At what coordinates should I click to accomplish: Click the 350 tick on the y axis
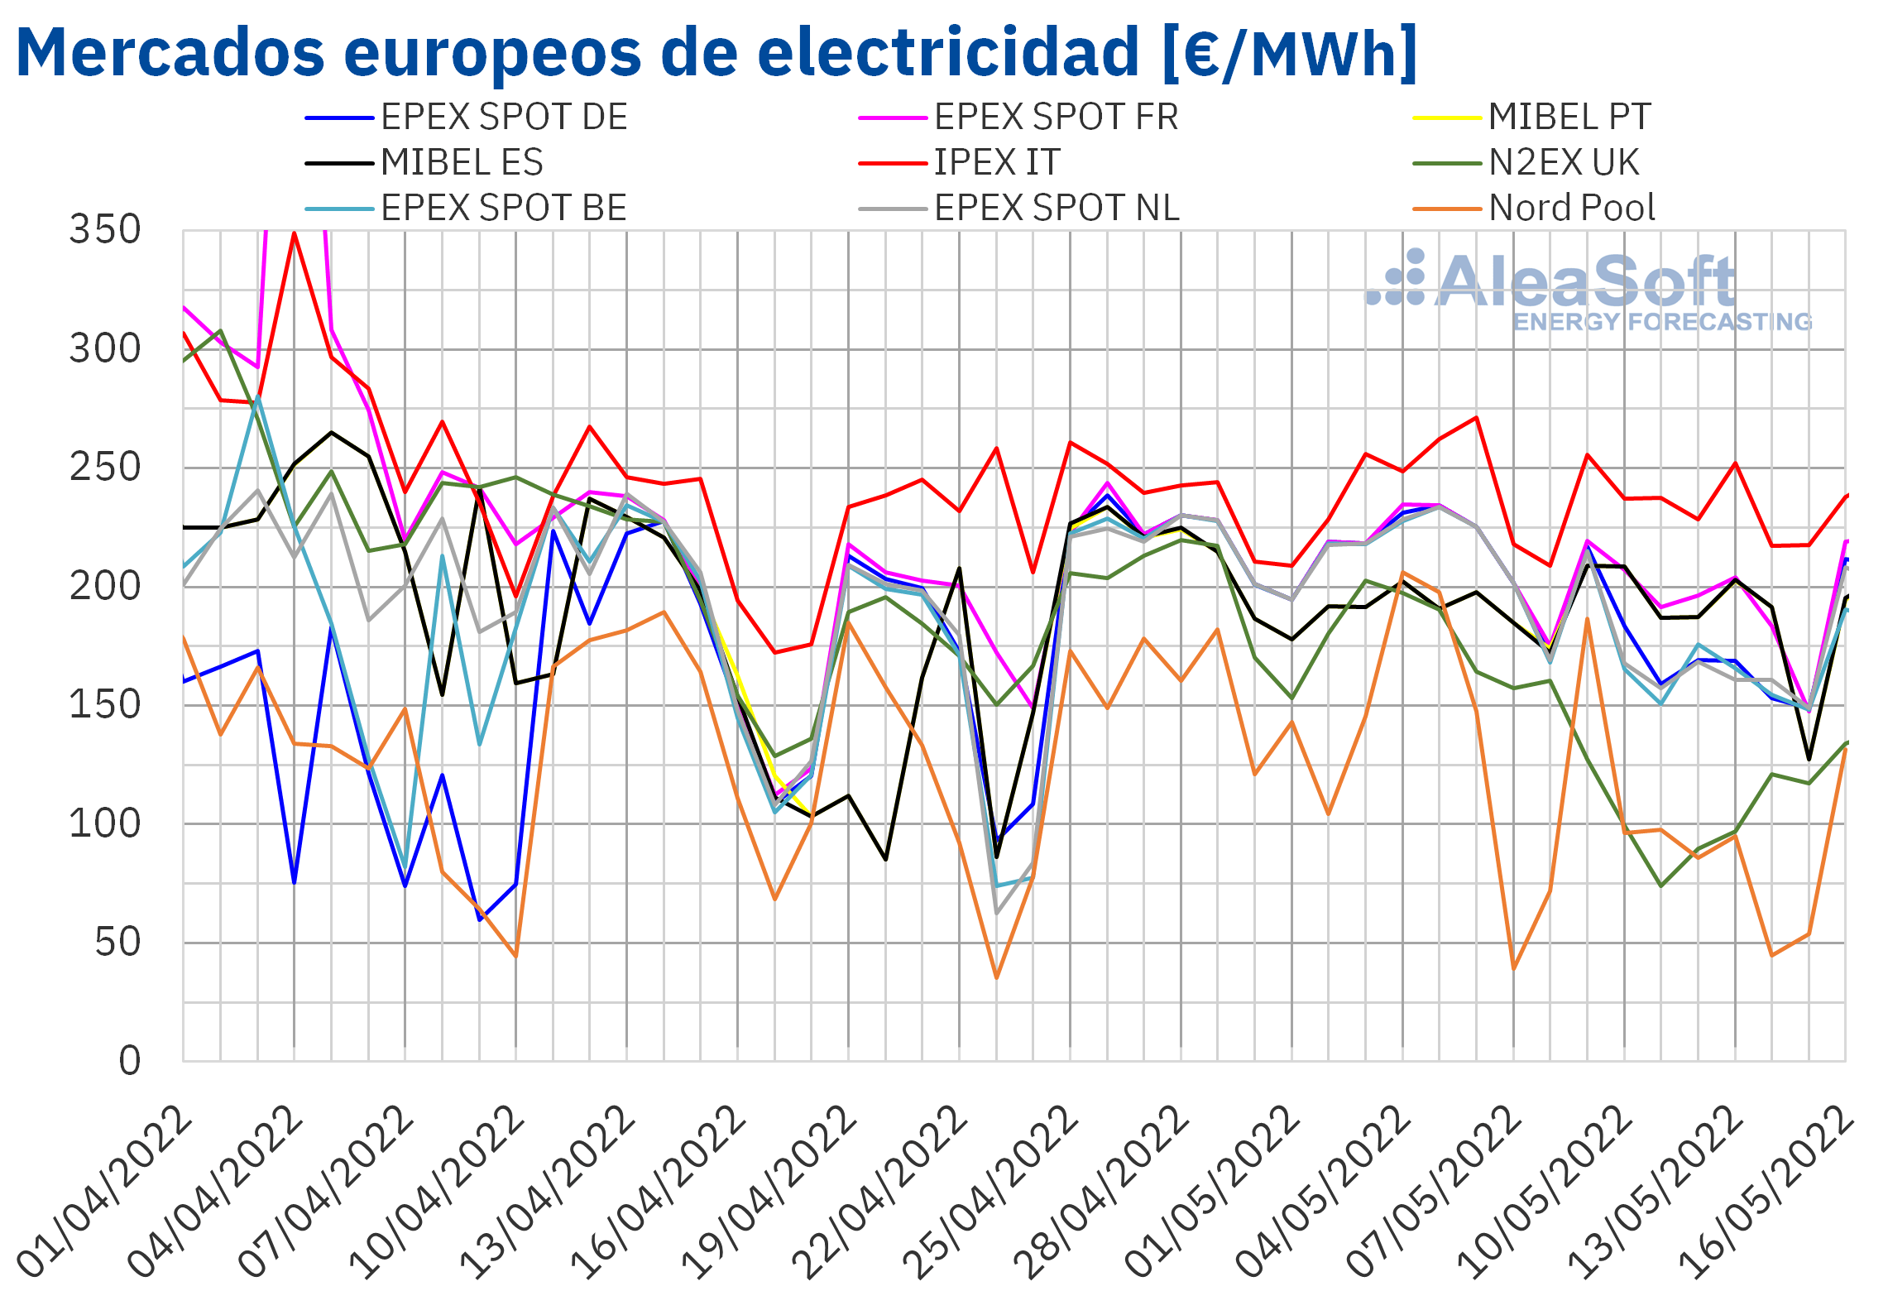[105, 230]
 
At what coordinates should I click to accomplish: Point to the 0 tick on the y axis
[130, 1061]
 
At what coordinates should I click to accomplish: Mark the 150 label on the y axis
[105, 705]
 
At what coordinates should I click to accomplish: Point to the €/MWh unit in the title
[1291, 53]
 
